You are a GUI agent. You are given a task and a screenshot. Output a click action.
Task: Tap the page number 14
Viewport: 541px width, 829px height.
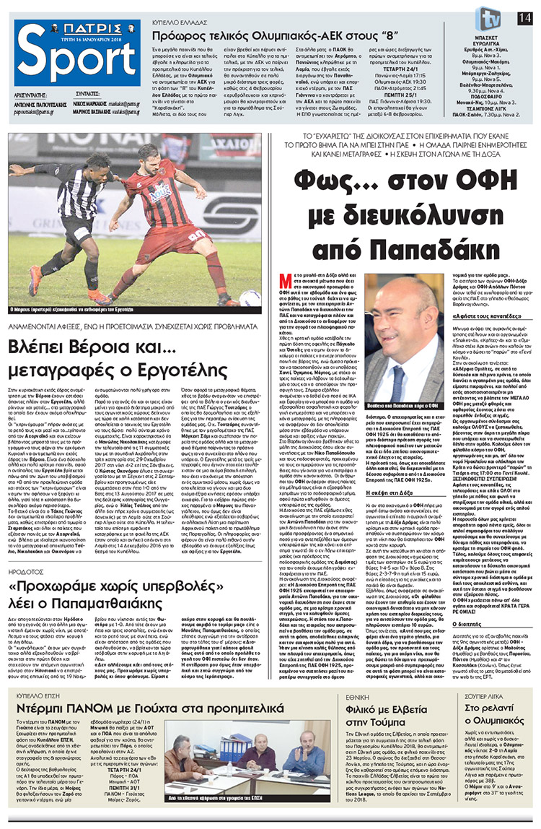point(529,17)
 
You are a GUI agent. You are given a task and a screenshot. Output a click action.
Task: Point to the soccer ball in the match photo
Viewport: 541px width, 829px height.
point(249,298)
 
